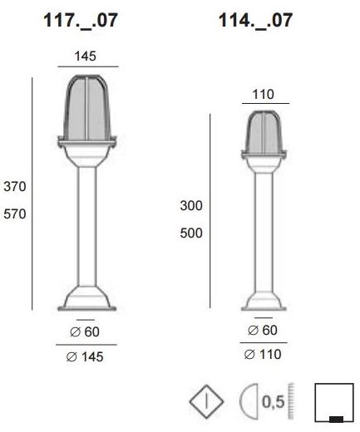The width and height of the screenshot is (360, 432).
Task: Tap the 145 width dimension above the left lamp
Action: [86, 56]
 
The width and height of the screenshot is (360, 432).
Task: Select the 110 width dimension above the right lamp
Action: [263, 96]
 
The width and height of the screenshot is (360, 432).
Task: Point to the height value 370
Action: [15, 187]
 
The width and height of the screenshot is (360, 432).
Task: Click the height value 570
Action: [15, 214]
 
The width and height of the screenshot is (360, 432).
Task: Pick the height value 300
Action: [191, 206]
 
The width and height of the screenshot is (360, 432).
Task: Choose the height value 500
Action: [191, 233]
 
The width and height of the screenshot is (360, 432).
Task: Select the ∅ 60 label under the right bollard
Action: [263, 331]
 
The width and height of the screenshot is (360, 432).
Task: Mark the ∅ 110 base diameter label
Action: [263, 355]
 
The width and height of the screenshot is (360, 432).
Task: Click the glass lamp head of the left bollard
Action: [86, 108]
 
